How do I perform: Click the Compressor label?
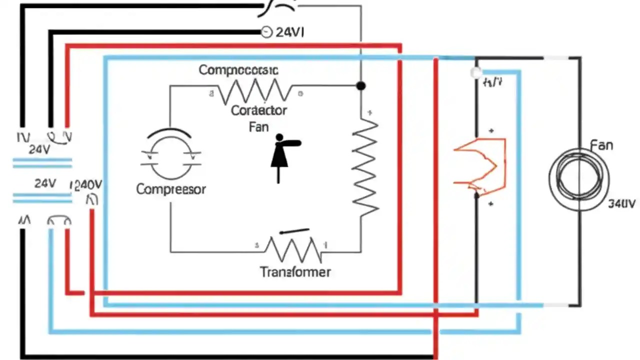pos(171,189)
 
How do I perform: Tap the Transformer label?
pos(295,272)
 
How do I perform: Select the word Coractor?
pos(259,110)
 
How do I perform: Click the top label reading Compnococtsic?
pos(238,69)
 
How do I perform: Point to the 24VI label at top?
pos(289,32)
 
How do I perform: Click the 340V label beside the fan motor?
pos(621,204)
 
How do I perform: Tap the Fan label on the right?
pos(601,145)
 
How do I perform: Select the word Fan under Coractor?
pos(258,127)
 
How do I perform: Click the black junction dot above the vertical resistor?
pos(360,86)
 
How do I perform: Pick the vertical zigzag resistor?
pos(365,167)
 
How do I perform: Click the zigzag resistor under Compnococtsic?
pos(255,91)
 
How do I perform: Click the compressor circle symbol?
pos(170,156)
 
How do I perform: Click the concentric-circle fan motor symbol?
pos(579,179)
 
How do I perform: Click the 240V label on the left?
pos(88,185)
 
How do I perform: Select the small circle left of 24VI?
pos(266,32)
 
